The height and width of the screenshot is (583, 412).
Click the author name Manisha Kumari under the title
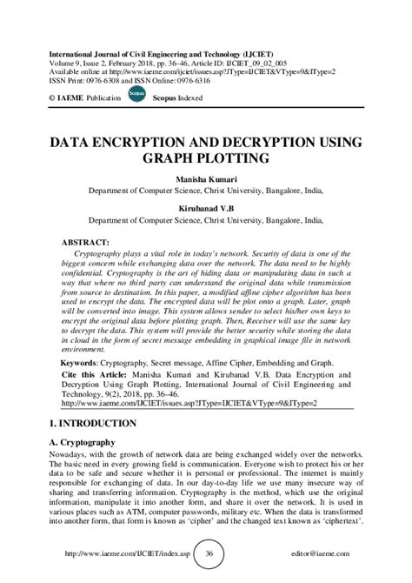pyautogui.click(x=206, y=178)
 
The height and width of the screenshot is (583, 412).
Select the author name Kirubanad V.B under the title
pyautogui.click(x=206, y=208)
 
